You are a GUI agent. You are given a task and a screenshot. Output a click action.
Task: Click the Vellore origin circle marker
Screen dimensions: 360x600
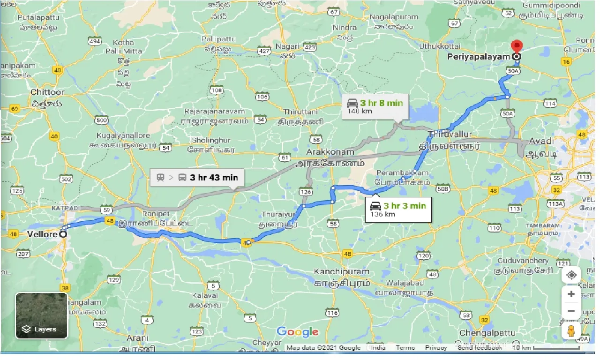[63, 234]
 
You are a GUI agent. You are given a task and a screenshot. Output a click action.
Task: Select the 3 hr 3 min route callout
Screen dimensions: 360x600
[398, 209]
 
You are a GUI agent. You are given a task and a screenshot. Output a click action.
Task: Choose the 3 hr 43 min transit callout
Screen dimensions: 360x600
[197, 178]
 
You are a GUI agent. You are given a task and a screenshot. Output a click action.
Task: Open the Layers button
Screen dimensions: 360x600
[42, 315]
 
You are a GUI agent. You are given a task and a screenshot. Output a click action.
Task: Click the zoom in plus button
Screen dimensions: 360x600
[571, 294]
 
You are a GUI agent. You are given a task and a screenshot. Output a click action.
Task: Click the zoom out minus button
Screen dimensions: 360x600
[571, 311]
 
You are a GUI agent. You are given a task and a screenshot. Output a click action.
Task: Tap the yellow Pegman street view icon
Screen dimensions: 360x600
[571, 330]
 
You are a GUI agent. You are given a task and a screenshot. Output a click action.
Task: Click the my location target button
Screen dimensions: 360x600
[571, 275]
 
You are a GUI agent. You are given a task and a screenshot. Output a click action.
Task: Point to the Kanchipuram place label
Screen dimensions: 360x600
[342, 272]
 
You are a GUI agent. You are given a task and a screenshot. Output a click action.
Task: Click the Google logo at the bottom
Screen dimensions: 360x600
[297, 332]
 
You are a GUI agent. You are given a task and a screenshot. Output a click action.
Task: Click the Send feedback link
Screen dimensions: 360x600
[480, 348]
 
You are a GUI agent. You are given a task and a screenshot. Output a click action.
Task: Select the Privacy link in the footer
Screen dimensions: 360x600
[436, 348]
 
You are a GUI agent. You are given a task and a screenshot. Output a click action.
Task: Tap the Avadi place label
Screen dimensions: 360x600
[541, 141]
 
